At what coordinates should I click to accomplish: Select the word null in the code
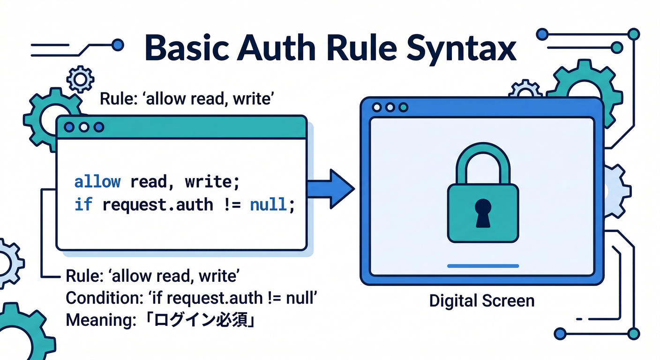(x=268, y=205)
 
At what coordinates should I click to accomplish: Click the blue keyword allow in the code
(x=97, y=182)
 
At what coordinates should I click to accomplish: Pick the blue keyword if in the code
(x=82, y=205)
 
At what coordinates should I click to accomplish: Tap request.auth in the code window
(x=157, y=205)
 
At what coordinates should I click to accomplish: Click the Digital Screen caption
(x=482, y=300)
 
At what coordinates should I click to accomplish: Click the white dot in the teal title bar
(x=84, y=127)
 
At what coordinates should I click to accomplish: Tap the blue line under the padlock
(x=483, y=266)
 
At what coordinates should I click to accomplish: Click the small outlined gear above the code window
(x=81, y=79)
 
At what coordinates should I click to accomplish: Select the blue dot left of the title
(x=119, y=45)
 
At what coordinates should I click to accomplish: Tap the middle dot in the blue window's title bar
(x=390, y=108)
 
